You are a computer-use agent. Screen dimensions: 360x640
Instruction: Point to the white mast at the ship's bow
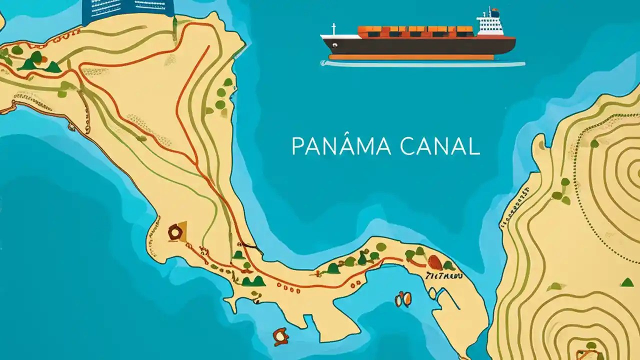(x=333, y=29)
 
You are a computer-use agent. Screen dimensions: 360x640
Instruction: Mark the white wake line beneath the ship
(x=422, y=64)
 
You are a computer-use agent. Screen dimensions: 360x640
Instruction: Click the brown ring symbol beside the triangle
(x=174, y=232)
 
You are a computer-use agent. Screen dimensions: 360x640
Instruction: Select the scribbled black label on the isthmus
(x=443, y=275)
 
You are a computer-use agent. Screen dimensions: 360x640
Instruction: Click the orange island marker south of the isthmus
(x=281, y=336)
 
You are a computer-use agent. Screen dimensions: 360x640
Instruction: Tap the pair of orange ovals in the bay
(x=403, y=299)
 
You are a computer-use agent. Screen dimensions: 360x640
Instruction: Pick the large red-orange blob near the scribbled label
(x=435, y=262)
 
